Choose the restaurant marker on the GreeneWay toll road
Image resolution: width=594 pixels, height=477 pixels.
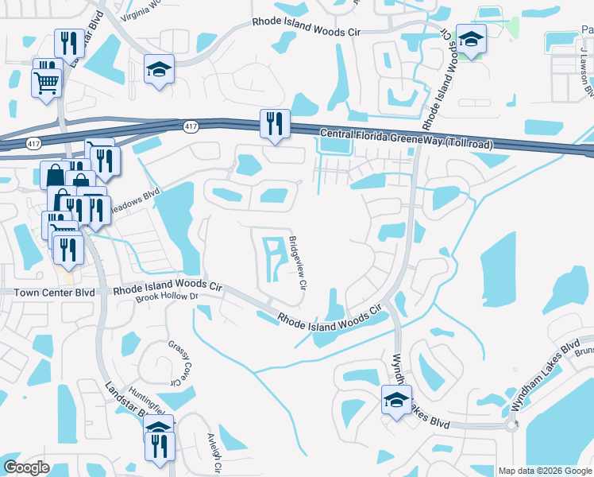point(275,124)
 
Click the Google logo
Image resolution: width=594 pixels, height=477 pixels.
point(25,467)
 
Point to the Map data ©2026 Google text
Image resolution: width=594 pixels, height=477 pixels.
point(544,471)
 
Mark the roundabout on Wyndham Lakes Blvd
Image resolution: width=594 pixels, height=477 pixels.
point(511,425)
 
